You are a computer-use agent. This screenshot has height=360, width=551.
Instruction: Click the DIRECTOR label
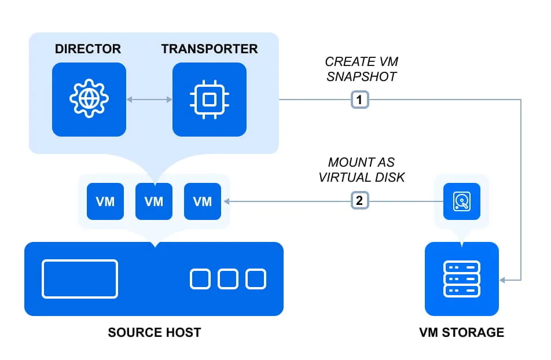(88, 49)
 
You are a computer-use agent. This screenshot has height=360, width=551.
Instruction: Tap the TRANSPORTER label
(210, 49)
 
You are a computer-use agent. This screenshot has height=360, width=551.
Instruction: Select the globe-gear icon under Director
(89, 100)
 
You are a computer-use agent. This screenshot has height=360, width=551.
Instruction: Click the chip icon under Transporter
(210, 100)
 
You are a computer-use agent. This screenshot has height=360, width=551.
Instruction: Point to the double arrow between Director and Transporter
(149, 100)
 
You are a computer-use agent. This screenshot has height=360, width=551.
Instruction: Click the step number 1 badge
(360, 100)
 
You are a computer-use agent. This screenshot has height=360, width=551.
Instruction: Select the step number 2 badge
(360, 201)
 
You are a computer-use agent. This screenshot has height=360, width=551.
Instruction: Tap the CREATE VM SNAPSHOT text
(361, 69)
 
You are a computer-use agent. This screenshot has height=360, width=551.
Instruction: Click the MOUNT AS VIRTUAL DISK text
(361, 170)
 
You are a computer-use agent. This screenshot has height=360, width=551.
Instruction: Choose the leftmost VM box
(105, 201)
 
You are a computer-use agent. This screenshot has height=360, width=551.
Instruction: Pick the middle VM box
(154, 201)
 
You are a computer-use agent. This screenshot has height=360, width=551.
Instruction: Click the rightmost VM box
(203, 201)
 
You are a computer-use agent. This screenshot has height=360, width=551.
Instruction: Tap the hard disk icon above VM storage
(462, 201)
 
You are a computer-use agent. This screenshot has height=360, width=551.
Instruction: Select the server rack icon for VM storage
(461, 279)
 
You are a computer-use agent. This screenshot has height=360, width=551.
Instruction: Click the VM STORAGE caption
(461, 333)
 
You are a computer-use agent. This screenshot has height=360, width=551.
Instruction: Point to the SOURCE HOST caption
(154, 333)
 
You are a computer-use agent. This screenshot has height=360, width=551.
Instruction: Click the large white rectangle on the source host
(80, 279)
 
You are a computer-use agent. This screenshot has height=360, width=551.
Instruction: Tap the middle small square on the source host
(228, 279)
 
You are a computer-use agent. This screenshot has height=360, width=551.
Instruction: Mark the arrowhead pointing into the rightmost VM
(227, 201)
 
